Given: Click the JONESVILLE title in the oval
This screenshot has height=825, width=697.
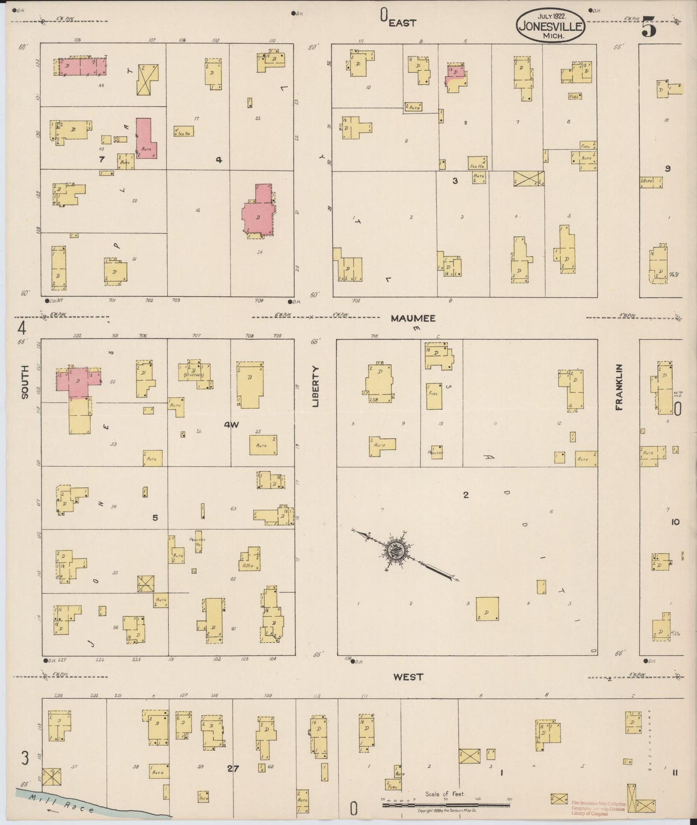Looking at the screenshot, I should point(551,26).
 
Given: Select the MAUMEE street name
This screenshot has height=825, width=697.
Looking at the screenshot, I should point(413,318).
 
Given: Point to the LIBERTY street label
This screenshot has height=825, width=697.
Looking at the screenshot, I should point(316,386).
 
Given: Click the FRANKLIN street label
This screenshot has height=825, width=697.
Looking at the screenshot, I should point(619,387).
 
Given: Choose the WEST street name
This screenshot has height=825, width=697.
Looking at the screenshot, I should point(408,677).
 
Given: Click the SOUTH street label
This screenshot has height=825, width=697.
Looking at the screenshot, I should point(25,382).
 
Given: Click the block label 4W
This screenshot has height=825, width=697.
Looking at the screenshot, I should point(232,425).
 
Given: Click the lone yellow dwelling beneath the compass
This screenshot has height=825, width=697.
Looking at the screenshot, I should point(487,609).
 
